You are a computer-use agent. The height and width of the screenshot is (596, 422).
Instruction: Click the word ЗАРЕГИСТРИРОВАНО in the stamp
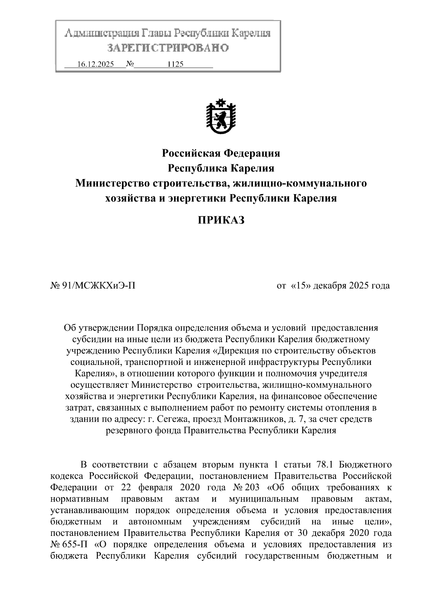coord(168,47)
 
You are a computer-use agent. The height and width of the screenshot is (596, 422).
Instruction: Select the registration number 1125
coord(175,64)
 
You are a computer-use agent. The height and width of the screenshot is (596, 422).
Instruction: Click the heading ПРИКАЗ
coord(220,220)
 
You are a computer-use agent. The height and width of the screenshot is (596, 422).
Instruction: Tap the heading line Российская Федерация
coord(220,153)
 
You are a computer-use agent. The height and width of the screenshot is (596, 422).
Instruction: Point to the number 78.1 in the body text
coord(324,465)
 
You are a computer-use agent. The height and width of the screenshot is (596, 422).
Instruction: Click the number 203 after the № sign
coord(252,487)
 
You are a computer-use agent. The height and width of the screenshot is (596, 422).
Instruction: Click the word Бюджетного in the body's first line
coord(365,465)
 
